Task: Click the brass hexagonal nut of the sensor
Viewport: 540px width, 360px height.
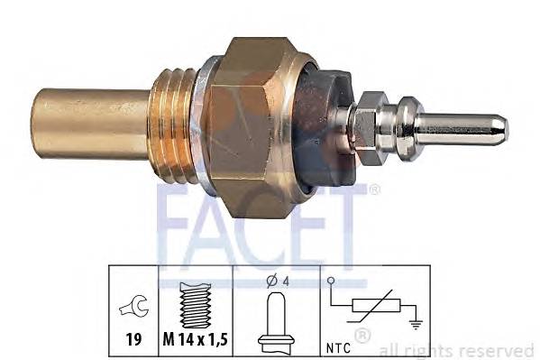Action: click(x=257, y=126)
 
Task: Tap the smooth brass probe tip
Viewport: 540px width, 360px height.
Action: click(x=90, y=124)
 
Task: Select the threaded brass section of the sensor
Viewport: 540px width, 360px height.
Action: click(x=176, y=124)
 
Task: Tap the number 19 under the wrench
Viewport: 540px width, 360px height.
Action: click(x=133, y=340)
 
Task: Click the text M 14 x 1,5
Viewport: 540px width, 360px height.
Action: click(x=194, y=340)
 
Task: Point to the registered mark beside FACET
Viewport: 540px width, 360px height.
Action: click(x=373, y=189)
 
